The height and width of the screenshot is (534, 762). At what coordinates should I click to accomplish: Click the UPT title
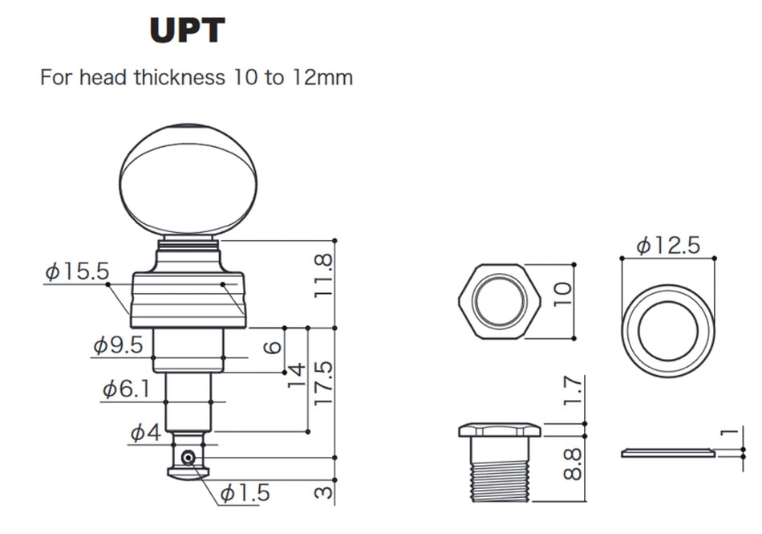pos(187,31)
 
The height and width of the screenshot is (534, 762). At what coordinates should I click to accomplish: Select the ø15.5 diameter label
pos(77,272)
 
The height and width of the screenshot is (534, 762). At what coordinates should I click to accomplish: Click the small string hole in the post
pos(187,457)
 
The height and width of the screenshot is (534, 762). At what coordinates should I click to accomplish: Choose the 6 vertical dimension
pos(274,347)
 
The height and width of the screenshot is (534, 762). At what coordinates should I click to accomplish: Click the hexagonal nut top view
pos(499,301)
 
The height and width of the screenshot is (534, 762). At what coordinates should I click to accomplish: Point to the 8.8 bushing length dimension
pos(572,463)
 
